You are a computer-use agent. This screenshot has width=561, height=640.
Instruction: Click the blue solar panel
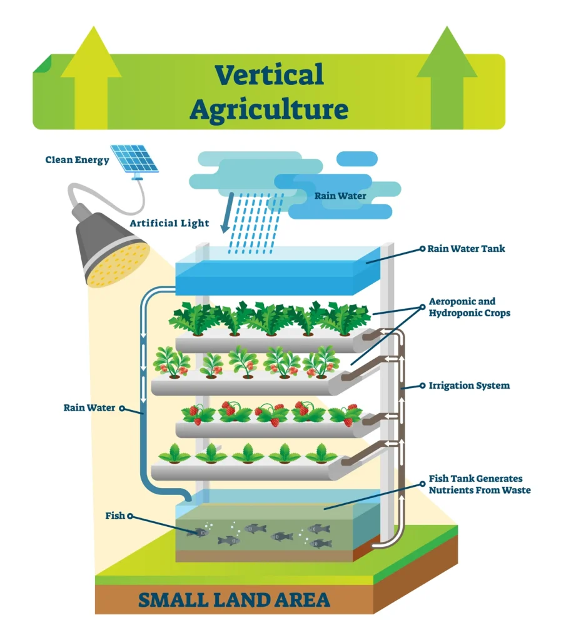click(134, 159)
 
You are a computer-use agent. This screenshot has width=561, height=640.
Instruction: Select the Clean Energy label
click(77, 160)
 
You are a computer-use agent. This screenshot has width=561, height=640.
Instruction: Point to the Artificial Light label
click(169, 223)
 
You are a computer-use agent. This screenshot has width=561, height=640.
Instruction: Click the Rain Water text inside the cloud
click(340, 196)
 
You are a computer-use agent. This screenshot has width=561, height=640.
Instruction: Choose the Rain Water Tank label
click(466, 249)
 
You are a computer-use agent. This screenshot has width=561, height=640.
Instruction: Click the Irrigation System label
click(469, 386)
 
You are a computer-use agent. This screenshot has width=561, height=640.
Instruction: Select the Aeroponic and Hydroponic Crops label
click(469, 307)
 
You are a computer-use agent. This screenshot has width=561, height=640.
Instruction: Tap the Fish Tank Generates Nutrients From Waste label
click(479, 484)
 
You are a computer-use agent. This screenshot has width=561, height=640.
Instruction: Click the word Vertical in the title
click(269, 76)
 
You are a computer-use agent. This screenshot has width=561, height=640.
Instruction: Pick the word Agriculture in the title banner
click(269, 109)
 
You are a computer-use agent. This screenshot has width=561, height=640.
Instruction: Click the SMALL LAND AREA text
click(233, 600)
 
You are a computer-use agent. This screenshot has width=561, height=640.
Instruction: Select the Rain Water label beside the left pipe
click(89, 408)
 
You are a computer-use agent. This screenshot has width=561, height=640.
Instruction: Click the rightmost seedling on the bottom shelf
click(321, 454)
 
